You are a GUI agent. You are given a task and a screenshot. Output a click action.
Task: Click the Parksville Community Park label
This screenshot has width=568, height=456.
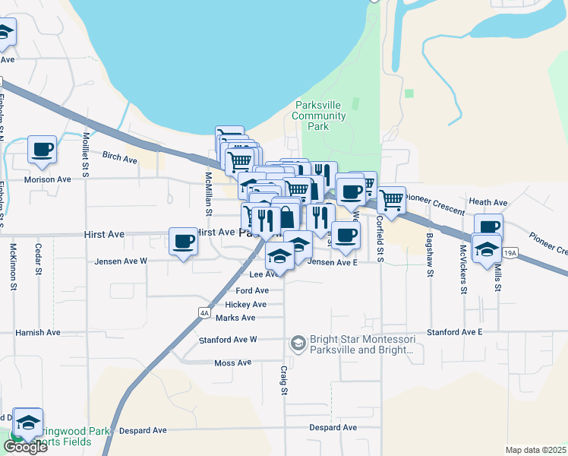[x=319, y=116]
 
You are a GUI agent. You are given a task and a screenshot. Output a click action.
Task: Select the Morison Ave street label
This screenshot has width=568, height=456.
[x=47, y=179]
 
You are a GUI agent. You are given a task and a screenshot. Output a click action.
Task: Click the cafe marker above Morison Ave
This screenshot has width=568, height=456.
[x=42, y=149]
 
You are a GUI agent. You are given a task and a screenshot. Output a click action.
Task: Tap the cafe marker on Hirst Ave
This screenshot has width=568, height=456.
[x=183, y=242]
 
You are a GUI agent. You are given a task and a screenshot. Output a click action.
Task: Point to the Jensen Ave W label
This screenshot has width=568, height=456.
[x=121, y=261]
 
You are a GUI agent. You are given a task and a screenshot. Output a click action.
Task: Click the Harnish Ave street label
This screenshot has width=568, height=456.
[x=38, y=332]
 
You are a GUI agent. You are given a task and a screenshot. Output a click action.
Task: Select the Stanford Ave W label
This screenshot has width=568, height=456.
[x=228, y=340]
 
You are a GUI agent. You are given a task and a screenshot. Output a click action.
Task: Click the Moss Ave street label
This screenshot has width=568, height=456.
[x=232, y=363]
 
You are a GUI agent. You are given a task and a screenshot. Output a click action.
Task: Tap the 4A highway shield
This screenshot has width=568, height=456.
[x=204, y=312]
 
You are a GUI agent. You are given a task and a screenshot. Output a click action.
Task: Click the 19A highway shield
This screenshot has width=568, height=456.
[x=510, y=252]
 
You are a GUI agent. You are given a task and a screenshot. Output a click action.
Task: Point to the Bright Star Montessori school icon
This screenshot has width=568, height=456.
[x=298, y=344]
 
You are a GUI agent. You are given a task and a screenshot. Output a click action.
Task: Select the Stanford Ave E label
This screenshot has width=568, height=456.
[x=455, y=332]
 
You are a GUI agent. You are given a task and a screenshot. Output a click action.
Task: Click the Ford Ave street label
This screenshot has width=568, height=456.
[x=252, y=290]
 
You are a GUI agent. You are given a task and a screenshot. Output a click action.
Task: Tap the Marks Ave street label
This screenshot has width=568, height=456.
[x=235, y=318]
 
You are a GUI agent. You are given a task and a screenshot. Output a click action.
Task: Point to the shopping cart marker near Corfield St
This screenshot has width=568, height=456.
[x=391, y=200]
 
